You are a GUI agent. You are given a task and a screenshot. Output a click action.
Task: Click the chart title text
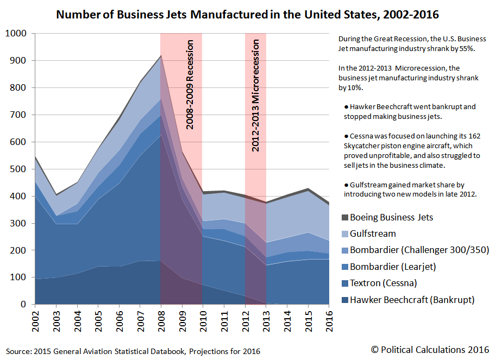(247, 15)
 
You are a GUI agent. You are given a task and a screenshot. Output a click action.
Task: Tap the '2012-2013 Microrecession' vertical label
(255, 93)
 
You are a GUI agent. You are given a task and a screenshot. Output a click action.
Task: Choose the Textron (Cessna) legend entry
(386, 283)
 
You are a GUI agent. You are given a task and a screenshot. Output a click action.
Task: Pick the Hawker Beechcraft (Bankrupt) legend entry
(404, 299)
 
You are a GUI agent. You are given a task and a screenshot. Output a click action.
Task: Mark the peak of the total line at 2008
(161, 55)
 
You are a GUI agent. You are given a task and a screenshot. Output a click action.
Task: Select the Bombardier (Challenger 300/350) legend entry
(412, 250)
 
